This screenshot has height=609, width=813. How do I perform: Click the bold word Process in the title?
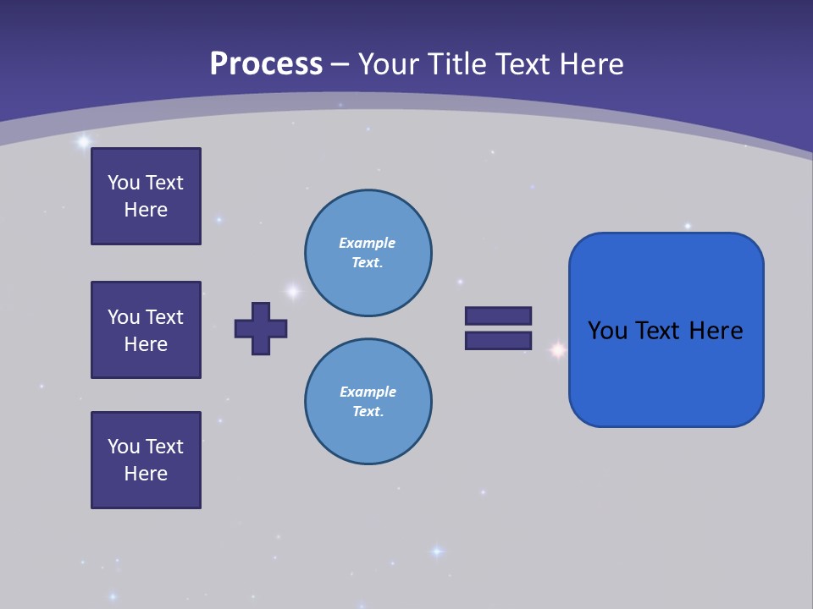[266, 64]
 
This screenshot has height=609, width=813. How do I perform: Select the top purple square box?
[146, 196]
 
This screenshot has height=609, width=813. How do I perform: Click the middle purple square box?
[146, 330]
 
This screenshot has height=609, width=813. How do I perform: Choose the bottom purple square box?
[146, 460]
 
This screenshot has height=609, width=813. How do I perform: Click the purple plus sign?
[261, 328]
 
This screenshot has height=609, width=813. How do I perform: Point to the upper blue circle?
[368, 253]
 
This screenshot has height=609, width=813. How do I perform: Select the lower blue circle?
[368, 402]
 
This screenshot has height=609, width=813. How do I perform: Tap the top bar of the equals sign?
[498, 315]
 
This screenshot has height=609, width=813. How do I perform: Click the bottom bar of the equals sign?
[498, 340]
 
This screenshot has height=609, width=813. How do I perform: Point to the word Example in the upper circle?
[367, 243]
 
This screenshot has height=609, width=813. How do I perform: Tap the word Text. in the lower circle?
[368, 411]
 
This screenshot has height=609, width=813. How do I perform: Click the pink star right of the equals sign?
[557, 349]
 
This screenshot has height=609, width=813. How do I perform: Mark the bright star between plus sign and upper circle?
[293, 292]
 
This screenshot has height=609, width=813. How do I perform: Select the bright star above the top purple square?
[83, 142]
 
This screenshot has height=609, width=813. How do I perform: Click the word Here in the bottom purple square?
[146, 474]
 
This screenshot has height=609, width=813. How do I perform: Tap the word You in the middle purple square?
[123, 317]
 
